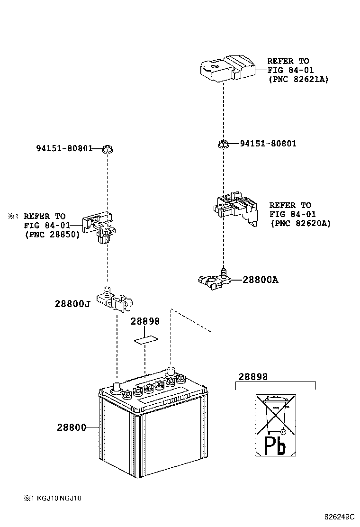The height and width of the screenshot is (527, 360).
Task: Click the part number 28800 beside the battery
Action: pyautogui.click(x=72, y=427)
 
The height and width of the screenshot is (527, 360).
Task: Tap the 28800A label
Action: pyautogui.click(x=260, y=280)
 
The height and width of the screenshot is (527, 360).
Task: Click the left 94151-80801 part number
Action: pyautogui.click(x=64, y=148)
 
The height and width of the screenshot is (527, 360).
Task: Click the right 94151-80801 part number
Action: pyautogui.click(x=268, y=143)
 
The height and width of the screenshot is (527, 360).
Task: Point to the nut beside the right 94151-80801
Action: pyautogui.click(x=223, y=144)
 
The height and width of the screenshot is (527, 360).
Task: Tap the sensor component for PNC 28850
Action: pyautogui.click(x=101, y=227)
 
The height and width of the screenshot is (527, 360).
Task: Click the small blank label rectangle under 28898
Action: pyautogui.click(x=145, y=340)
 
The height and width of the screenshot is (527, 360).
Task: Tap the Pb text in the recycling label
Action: pyautogui.click(x=275, y=446)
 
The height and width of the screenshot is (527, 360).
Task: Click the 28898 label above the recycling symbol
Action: pyautogui.click(x=253, y=377)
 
